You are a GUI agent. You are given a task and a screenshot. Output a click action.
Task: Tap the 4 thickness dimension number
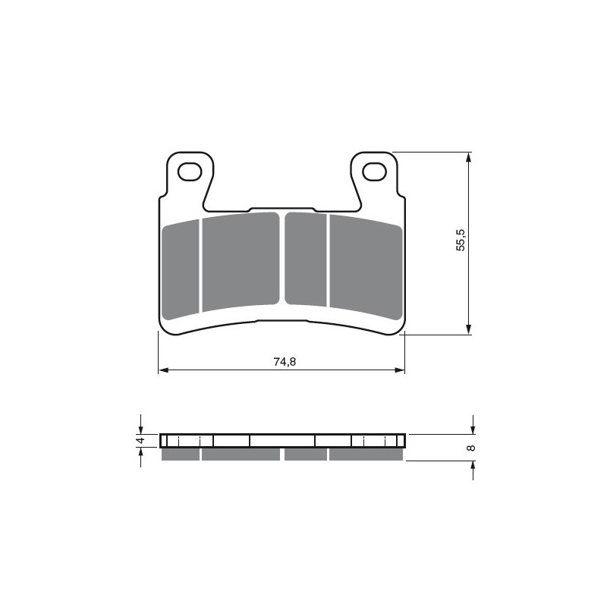pos(140,441)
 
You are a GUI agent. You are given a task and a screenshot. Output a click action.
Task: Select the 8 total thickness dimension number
pos(472,448)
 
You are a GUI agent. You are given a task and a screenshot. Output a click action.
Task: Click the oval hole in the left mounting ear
pos(187,172)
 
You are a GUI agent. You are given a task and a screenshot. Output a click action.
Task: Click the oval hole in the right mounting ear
pos(374,172)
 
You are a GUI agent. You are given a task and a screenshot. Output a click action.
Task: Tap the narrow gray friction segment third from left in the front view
pos(305,258)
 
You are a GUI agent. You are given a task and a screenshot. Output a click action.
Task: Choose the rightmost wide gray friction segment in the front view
pos(364,265)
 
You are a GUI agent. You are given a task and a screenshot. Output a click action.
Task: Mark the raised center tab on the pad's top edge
pos(281,209)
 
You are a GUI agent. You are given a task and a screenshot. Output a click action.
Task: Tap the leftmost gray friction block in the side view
pos(181,454)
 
